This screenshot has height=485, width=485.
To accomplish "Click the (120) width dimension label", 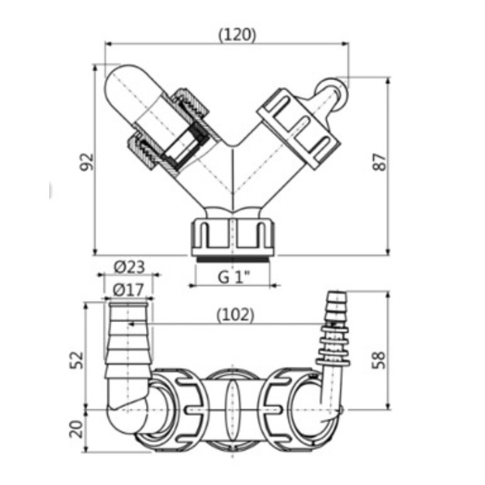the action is pyautogui.click(x=237, y=35).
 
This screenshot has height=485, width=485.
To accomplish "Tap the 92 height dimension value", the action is pyautogui.click(x=87, y=161).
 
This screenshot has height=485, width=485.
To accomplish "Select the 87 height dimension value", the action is pyautogui.click(x=379, y=161).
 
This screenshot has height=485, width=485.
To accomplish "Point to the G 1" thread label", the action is pyautogui.click(x=234, y=277).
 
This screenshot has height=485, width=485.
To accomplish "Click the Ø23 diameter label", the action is pyautogui.click(x=130, y=267).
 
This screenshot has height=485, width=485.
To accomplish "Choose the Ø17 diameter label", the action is pyautogui.click(x=128, y=289).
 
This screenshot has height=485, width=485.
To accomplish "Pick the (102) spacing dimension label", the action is pyautogui.click(x=235, y=315).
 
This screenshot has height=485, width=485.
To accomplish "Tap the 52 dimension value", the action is pyautogui.click(x=76, y=360).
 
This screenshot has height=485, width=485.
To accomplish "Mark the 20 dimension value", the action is pyautogui.click(x=76, y=428).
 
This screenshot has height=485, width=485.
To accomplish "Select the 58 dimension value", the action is pyautogui.click(x=379, y=360).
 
